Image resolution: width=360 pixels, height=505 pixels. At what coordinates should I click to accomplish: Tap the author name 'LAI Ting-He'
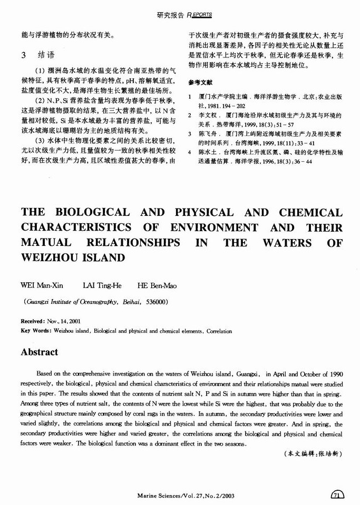tap(102, 285)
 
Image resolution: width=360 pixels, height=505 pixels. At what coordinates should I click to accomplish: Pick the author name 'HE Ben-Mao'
tap(157, 285)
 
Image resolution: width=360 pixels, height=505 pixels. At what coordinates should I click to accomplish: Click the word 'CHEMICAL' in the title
tap(311, 213)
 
